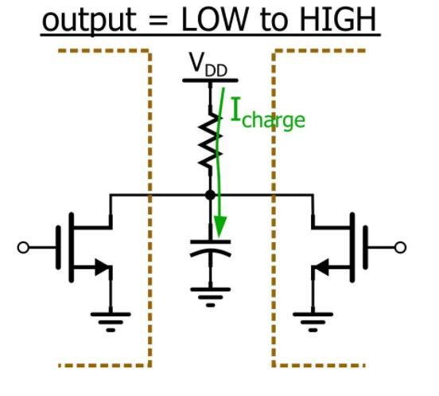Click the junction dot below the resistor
click(210, 194)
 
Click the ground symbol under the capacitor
click(210, 300)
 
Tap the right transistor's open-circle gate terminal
click(401, 247)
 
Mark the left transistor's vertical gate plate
click(58, 247)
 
